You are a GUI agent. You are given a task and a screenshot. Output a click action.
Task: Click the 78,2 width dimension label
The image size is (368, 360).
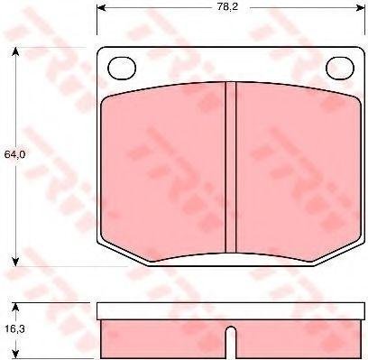point(227,6)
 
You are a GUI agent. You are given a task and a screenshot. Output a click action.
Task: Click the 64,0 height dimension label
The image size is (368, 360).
point(14,154)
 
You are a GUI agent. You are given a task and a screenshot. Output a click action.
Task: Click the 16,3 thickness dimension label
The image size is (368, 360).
point(14,329)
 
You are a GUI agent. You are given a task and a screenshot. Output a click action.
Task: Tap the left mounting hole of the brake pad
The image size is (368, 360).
point(122,69)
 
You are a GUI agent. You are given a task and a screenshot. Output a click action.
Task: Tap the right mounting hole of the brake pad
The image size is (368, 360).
point(340,69)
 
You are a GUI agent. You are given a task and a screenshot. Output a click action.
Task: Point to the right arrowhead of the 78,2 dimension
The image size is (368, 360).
point(360,7)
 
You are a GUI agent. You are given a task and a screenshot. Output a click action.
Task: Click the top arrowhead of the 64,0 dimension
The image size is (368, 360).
point(15,52)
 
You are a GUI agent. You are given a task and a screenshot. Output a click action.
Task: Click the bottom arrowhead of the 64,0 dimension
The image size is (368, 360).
point(15,262)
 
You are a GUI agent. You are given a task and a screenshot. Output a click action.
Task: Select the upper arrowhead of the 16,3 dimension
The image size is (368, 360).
point(15,308)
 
